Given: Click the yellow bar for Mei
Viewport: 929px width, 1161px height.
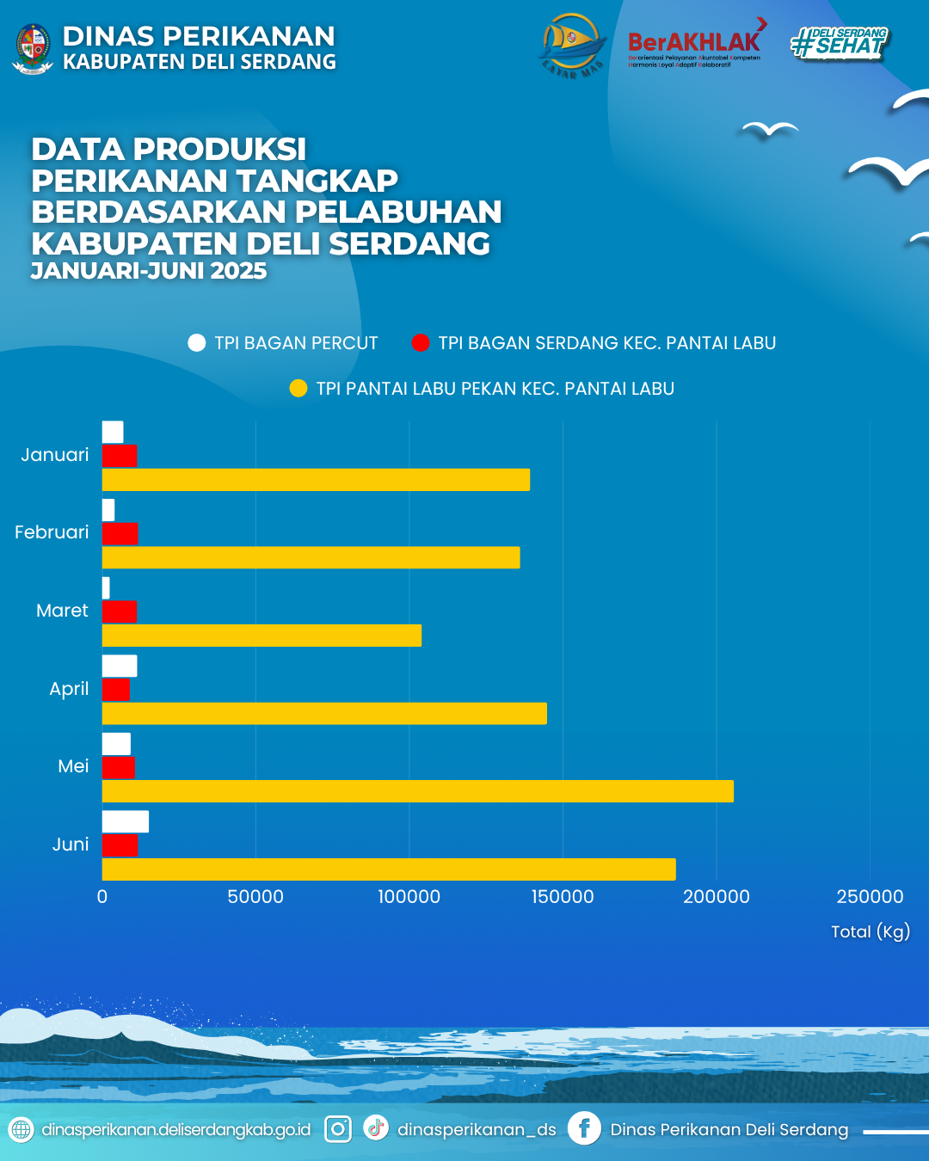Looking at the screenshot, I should coord(418,791).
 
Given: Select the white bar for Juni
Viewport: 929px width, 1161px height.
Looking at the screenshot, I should coord(126,821).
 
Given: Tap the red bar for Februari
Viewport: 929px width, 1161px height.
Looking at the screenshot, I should coord(120,534).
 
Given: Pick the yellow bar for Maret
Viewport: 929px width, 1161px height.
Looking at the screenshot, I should coord(261,636).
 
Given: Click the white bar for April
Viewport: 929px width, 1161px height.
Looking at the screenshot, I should coord(120,666).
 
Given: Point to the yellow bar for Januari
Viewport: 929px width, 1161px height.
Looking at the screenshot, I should coord(316,480).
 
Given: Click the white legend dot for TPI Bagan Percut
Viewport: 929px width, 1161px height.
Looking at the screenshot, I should coord(197,343).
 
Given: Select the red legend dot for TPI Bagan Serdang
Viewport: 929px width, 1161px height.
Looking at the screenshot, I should coord(421,343).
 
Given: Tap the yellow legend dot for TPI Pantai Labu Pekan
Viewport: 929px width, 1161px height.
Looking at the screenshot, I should coord(298,389).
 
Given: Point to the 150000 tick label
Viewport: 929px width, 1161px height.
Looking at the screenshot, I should coord(563,897).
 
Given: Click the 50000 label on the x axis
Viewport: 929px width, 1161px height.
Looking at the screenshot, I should coord(255,897).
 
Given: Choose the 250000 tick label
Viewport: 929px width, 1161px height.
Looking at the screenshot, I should coord(870,897).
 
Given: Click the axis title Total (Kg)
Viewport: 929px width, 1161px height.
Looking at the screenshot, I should coord(870,931).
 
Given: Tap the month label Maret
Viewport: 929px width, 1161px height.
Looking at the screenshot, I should coord(62,611).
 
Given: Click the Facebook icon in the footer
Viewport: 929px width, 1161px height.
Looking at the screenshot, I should coord(584,1128).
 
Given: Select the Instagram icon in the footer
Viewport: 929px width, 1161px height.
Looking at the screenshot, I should coord(338,1129).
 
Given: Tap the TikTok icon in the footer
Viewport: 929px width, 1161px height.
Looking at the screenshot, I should coord(376,1127).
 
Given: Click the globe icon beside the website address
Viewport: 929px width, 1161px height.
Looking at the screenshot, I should coord(21,1129).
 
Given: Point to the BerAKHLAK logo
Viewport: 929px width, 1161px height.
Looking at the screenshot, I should coord(695,43).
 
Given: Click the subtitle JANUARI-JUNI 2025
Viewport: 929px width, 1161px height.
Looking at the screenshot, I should coord(149,271).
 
